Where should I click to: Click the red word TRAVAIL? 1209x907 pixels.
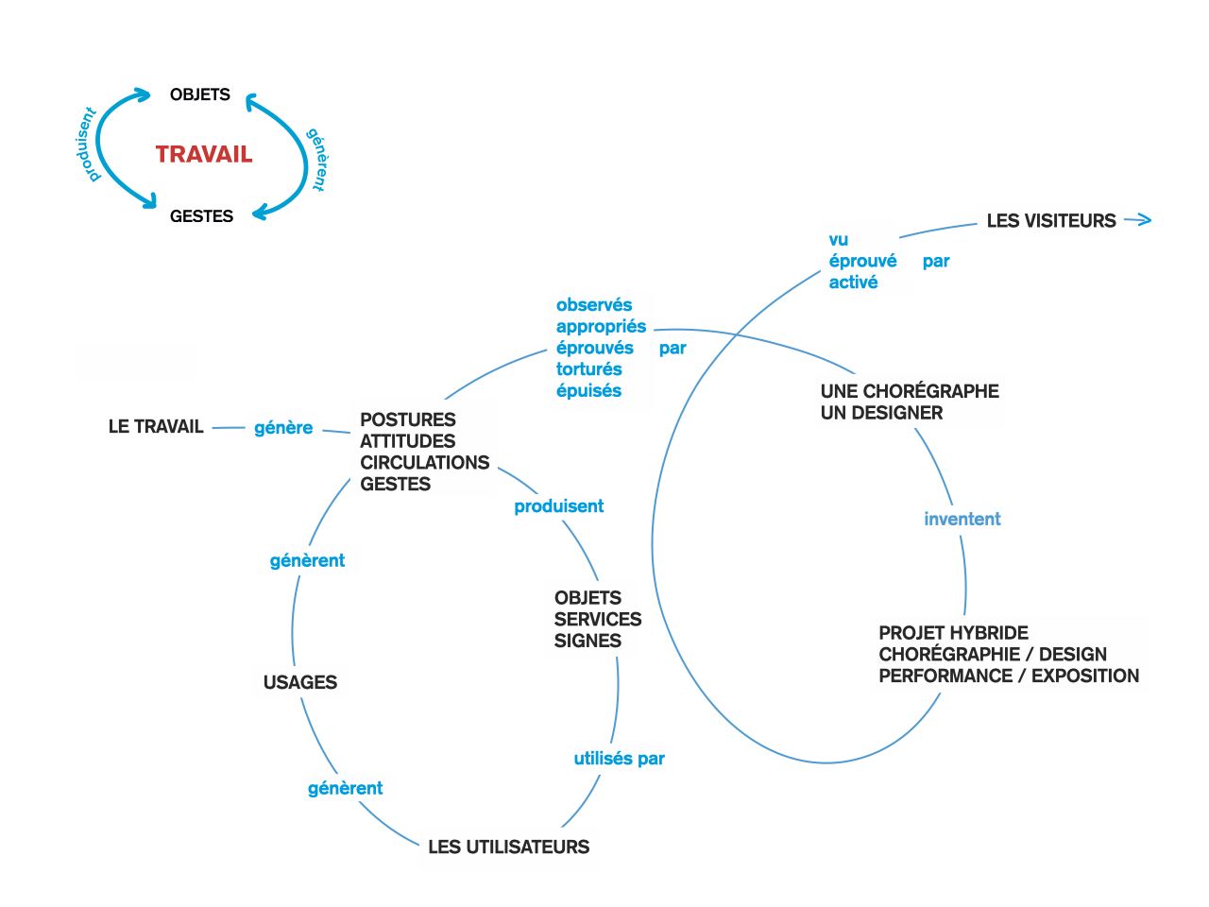click(x=204, y=155)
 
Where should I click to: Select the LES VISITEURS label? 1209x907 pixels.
click(x=1051, y=221)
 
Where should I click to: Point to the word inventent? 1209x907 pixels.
click(x=962, y=520)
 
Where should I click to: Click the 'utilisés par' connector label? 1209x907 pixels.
click(x=619, y=759)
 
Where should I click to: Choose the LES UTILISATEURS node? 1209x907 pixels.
click(x=508, y=847)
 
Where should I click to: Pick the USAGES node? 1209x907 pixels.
click(x=300, y=682)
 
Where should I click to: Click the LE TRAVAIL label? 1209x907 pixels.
click(x=156, y=427)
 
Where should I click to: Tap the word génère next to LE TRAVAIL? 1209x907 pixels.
click(x=283, y=428)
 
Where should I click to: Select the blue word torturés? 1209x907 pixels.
click(x=588, y=369)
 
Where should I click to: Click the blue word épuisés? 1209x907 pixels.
click(x=588, y=391)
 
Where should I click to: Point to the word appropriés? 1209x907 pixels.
click(x=601, y=327)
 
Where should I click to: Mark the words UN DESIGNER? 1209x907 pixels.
click(x=881, y=413)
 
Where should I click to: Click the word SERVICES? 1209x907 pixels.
click(x=598, y=620)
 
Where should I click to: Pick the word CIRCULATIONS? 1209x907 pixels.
click(x=425, y=463)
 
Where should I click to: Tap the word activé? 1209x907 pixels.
click(x=853, y=282)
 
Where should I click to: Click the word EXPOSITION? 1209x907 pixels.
click(x=1085, y=676)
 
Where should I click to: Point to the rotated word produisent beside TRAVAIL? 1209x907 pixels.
click(x=86, y=145)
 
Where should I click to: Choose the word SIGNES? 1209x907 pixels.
click(x=587, y=642)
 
